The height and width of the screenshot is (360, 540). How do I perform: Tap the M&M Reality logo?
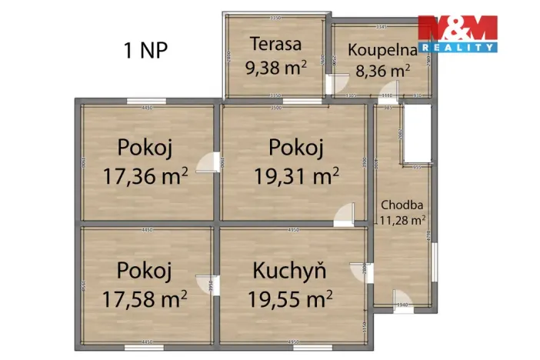(457, 34)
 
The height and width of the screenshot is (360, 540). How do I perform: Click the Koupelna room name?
(382, 50)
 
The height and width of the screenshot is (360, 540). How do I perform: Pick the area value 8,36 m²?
(382, 71)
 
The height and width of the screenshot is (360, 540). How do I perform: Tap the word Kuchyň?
(290, 271)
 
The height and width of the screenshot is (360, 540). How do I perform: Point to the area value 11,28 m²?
(402, 220)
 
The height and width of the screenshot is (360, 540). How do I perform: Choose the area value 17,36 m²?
(145, 176)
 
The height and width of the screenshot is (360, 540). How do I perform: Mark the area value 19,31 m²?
(296, 176)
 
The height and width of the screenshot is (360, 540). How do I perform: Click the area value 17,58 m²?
(145, 297)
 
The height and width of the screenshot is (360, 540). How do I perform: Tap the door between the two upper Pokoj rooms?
(208, 164)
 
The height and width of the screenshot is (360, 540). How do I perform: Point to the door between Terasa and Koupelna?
(332, 84)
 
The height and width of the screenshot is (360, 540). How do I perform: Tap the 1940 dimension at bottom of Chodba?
(401, 305)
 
